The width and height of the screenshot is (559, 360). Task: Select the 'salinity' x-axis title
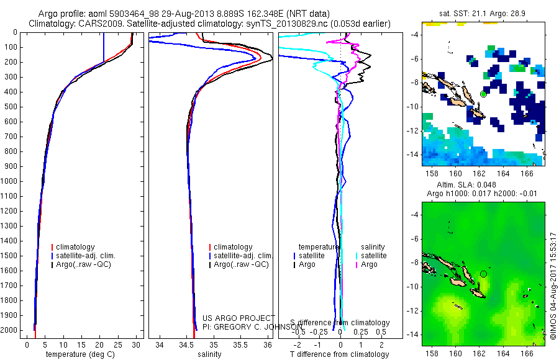coord(210,354)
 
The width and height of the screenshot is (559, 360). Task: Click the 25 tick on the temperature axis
coord(118,345)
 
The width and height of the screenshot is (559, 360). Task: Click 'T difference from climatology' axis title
coord(341,354)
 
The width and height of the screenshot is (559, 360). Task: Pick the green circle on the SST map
coord(483,94)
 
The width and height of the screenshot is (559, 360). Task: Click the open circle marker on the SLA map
coord(484,274)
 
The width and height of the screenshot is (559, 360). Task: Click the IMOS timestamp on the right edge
coord(553,287)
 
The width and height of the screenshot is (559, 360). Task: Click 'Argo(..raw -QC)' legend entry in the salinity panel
coord(241,264)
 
